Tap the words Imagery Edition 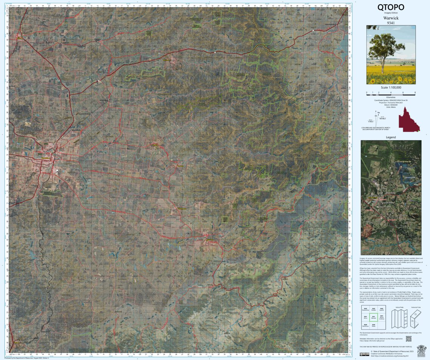coord(391,13)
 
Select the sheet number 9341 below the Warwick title coord(391,23)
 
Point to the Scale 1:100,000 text coord(391,87)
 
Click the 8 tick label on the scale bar coord(415,92)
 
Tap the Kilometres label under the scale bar coord(391,97)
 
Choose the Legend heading coord(391,137)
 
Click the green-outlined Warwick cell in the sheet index coord(373,317)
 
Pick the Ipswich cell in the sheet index coord(381,309)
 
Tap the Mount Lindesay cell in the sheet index coord(381,317)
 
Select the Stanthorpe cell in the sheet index coord(365,325)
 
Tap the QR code coord(408,338)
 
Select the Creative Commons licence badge coord(364,354)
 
